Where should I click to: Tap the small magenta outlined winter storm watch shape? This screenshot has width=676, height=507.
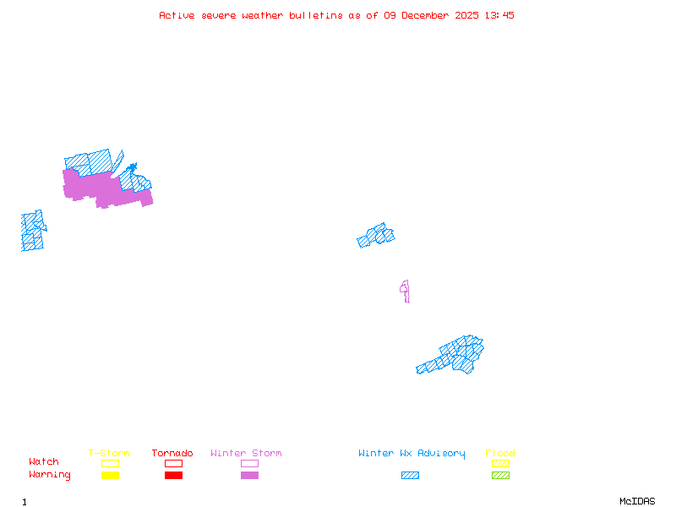point(406,290)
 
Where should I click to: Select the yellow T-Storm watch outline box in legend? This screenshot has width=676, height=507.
point(111,463)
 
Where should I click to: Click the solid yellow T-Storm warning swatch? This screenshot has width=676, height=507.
point(111,475)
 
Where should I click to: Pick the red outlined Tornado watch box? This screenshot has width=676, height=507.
point(174,463)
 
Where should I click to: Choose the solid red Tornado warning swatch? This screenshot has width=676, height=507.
point(174,475)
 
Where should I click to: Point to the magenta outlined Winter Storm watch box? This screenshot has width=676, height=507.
point(249,463)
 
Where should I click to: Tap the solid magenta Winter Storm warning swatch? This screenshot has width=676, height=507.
point(249,475)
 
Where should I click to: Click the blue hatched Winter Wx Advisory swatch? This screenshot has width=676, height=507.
point(410,475)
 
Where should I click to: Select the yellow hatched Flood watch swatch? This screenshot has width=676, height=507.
point(500,463)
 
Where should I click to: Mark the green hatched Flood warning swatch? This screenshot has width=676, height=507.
point(500,475)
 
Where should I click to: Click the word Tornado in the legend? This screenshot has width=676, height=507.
point(172,453)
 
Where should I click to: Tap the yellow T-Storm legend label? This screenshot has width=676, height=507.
point(109,453)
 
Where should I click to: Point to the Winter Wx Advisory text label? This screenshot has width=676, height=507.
point(412,454)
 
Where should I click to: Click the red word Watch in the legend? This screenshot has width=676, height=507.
point(44,461)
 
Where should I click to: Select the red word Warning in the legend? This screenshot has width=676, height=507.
point(50,475)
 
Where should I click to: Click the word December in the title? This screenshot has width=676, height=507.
point(425,15)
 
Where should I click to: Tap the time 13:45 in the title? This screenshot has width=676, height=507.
point(499,15)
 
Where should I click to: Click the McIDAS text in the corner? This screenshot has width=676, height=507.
point(637,501)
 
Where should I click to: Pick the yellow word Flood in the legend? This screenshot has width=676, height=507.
point(500,453)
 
